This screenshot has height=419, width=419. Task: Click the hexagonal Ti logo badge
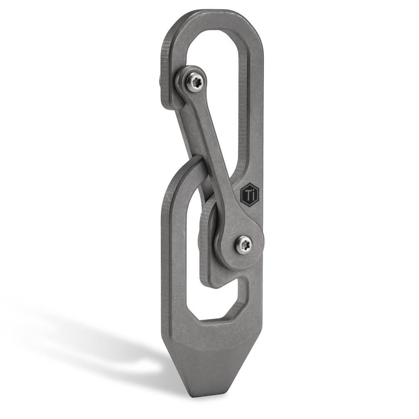250,194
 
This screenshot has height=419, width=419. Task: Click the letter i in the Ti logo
254,195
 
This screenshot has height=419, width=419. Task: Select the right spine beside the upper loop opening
256,102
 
